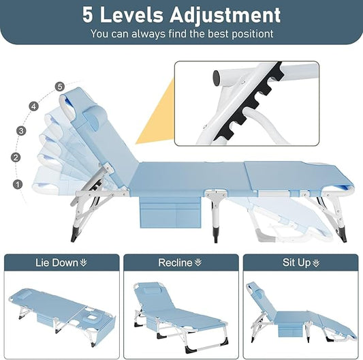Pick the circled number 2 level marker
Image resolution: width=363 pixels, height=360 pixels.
point(16,157)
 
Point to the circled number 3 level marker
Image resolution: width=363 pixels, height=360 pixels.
point(21,130)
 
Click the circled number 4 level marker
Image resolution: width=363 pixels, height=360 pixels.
point(34,106)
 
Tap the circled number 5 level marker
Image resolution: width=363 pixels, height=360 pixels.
point(61,87)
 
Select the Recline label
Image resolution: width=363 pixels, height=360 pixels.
point(176,262)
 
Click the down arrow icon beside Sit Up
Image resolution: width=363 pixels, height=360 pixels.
point(316,262)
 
